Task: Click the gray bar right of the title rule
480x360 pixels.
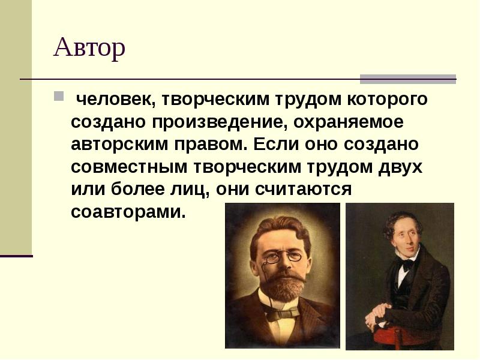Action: point(407,79)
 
